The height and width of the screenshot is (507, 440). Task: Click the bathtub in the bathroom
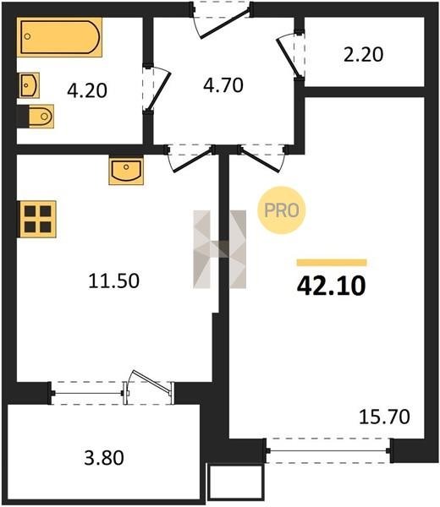tap(59, 37)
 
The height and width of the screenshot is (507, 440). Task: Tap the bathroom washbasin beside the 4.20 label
tap(30, 85)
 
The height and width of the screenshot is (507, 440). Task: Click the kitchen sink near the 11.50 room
tap(126, 171)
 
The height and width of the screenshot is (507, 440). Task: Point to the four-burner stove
tap(37, 219)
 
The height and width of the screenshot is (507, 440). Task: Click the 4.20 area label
tap(87, 91)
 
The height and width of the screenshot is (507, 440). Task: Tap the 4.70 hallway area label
tap(223, 85)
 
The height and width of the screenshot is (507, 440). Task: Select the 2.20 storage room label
tap(363, 55)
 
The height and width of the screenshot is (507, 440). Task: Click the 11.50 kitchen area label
tap(114, 281)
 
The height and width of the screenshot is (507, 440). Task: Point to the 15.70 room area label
tap(385, 417)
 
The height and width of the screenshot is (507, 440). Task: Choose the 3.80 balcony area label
tap(104, 458)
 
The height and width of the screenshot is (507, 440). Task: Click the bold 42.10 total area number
tap(331, 286)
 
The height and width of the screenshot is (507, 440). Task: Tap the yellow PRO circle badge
tap(282, 210)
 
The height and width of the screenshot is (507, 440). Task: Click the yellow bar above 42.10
tap(332, 263)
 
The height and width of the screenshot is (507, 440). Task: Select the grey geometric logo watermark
tap(219, 249)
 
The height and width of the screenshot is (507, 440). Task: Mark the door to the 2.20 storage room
tap(290, 55)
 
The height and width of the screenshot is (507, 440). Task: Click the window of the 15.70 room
tap(328, 450)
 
